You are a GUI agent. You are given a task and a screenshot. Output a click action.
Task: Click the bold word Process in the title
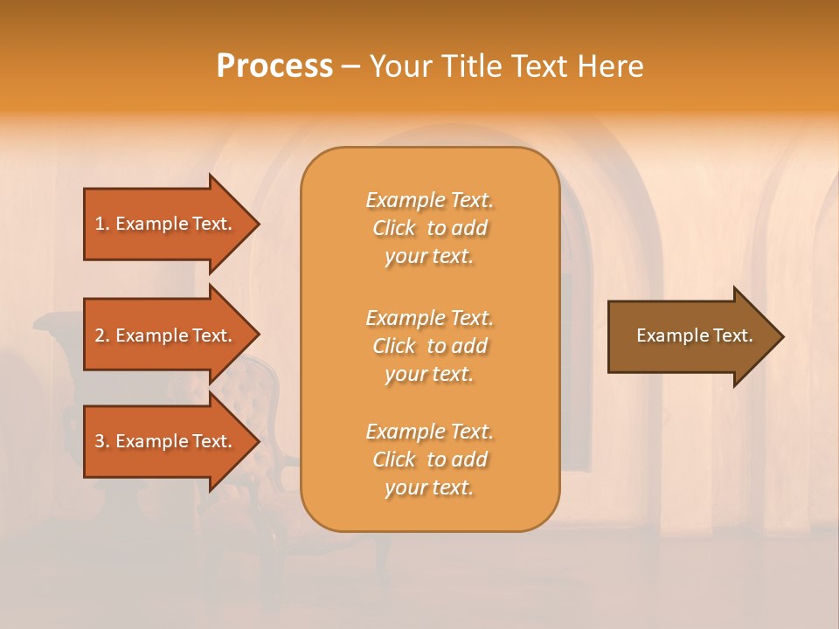274,66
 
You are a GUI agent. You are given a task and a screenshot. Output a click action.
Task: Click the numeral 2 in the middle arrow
100,335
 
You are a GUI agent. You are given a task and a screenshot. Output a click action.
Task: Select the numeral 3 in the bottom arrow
100,441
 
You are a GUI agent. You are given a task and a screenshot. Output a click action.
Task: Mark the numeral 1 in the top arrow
100,224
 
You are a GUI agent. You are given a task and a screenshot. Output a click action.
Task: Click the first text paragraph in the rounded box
429,228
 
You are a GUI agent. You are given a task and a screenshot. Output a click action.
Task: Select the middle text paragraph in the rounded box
429,346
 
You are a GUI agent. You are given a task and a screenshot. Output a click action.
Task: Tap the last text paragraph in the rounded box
429,460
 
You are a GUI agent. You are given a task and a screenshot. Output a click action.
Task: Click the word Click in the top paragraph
394,228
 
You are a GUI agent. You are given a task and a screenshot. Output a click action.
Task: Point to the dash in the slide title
350,67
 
